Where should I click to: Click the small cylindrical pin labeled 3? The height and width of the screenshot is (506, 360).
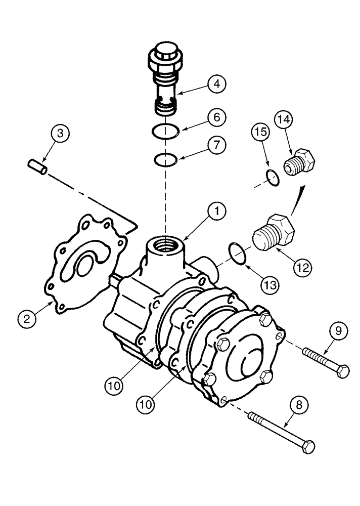pyautogui.click(x=37, y=166)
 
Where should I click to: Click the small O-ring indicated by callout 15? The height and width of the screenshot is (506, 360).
pyautogui.click(x=272, y=178)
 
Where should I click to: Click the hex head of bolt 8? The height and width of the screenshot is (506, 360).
pyautogui.click(x=307, y=446)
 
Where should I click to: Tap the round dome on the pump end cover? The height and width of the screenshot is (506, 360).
pyautogui.click(x=249, y=361)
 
